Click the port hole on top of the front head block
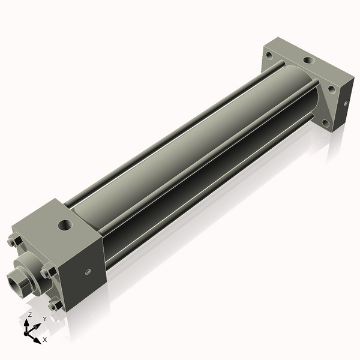click(x=64, y=226)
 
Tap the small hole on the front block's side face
click(x=88, y=272)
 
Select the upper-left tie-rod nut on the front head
click(x=14, y=242)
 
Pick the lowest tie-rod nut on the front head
click(x=55, y=305)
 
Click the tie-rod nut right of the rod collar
click(x=47, y=272)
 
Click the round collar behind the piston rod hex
click(x=30, y=269)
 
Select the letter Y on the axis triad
click(x=44, y=319)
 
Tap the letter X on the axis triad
click(x=44, y=340)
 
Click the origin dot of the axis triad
click(x=29, y=331)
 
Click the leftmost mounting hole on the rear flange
click(x=268, y=55)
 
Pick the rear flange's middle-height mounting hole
click(x=331, y=89)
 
